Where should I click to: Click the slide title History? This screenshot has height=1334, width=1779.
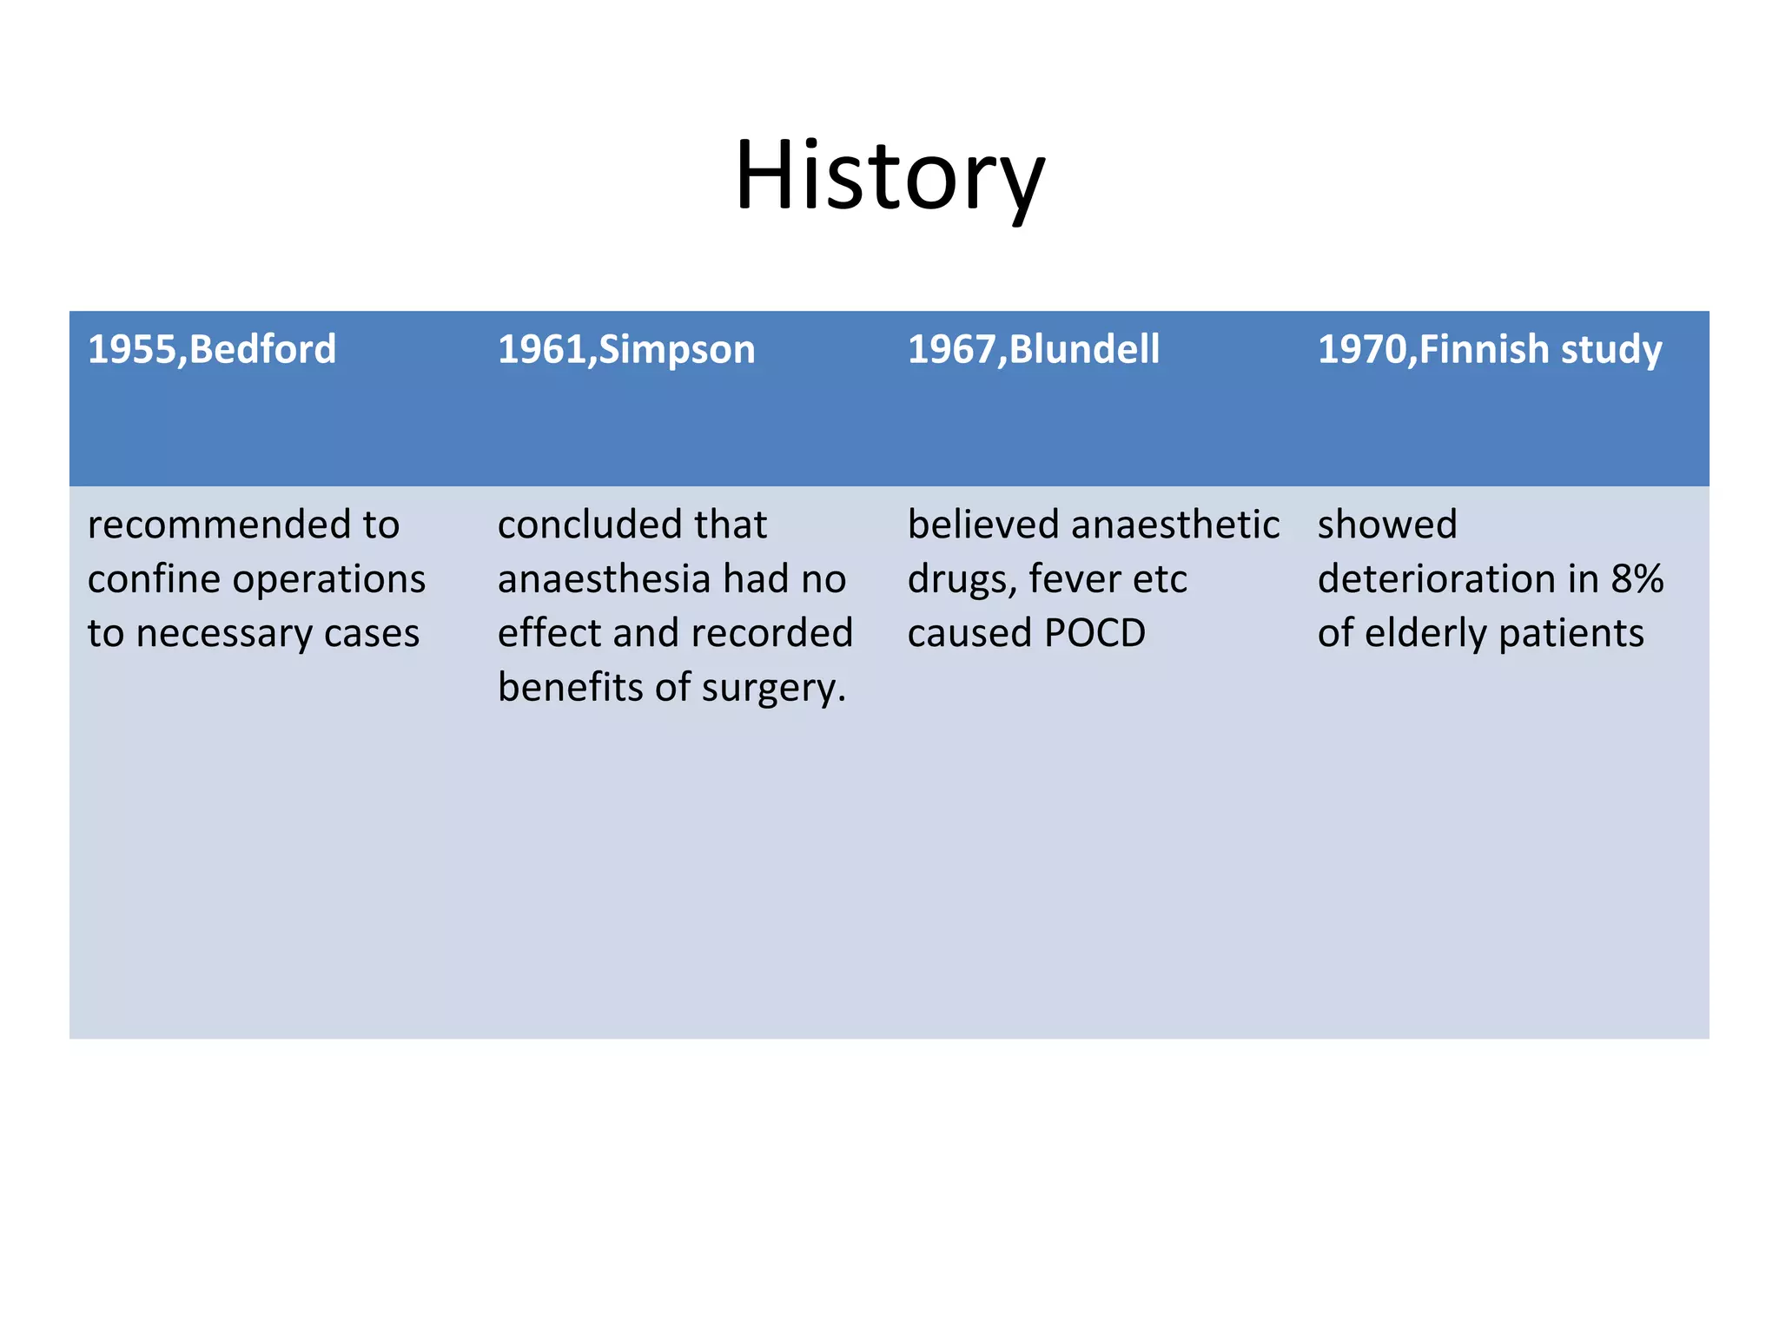pos(889,176)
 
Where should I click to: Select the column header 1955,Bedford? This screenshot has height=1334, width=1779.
pos(211,349)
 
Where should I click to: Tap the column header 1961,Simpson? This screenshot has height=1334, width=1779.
pos(626,349)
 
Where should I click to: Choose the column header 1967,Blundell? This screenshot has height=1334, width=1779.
pos(1033,349)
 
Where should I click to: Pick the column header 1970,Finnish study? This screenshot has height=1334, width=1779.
pos(1489,349)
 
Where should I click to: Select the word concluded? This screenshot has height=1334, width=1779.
pos(573,525)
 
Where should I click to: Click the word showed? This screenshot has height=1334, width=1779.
pos(1386,525)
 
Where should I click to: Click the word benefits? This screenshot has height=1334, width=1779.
pos(569,688)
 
